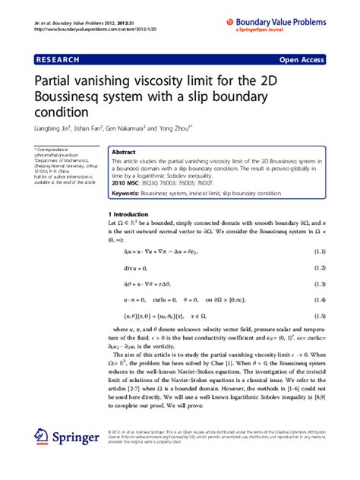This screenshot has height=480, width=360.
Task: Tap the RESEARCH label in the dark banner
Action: [x=61, y=58]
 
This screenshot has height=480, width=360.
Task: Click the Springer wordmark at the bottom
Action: [x=76, y=439]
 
